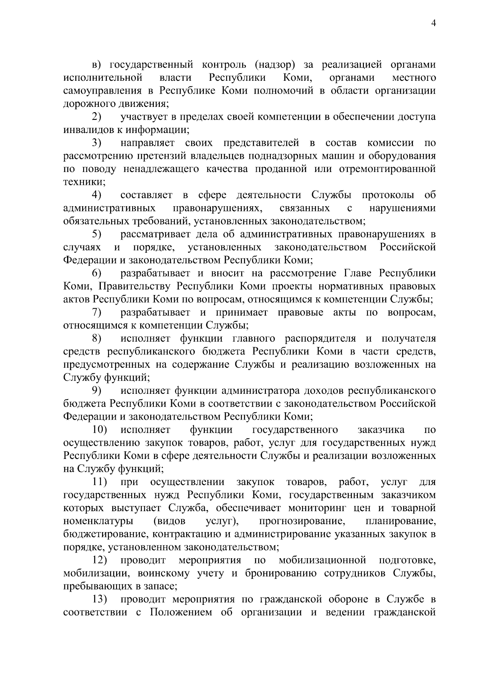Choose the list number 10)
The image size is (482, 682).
click(100, 430)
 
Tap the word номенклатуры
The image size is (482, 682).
click(99, 521)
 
